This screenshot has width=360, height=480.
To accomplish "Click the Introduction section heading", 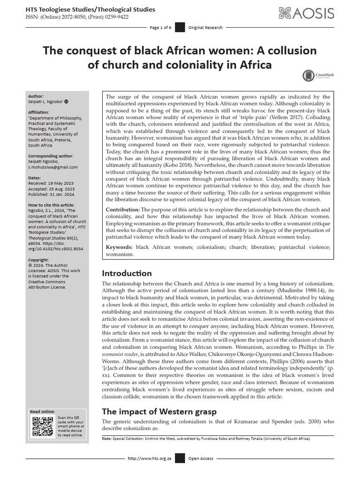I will pos(127,273).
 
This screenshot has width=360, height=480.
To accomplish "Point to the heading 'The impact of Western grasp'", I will pos(159,412).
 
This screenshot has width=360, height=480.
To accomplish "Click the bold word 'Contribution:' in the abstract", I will pos(122,210).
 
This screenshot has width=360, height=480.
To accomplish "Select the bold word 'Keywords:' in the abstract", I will pos(120,247).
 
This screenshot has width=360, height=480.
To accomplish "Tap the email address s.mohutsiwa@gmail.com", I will pos(53,167).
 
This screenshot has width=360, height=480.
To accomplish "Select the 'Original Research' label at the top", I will pos(205,28).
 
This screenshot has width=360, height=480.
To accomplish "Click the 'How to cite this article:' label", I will pos(51,204).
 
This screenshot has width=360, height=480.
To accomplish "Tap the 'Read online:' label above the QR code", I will pos(42,411).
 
